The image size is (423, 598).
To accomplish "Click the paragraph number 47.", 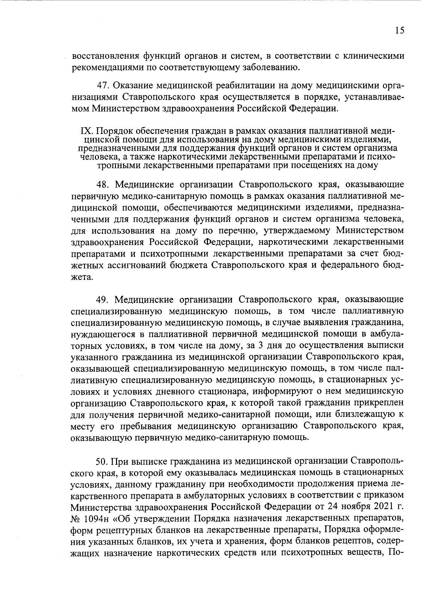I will (x=103, y=85).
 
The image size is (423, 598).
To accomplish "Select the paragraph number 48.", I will (x=103, y=184).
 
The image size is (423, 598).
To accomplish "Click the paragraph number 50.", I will (x=102, y=461).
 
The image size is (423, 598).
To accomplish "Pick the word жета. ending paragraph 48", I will (x=82, y=277).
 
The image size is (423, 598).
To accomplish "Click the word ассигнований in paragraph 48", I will (x=148, y=265).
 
